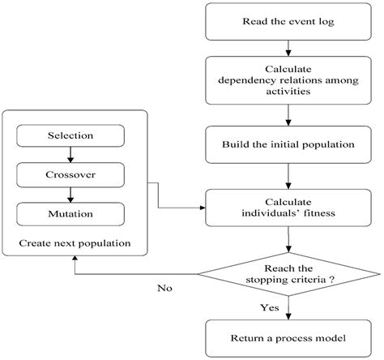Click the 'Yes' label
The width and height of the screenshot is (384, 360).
[271, 309]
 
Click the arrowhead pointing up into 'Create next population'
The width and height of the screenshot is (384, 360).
[75, 259]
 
